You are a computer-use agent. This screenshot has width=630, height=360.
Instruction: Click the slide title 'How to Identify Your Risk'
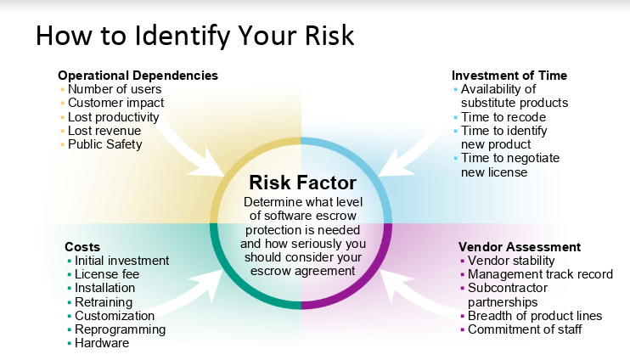[x=195, y=37]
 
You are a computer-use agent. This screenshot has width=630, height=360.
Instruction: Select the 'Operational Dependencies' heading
[x=138, y=76]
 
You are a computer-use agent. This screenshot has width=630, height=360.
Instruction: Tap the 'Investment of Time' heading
[x=509, y=76]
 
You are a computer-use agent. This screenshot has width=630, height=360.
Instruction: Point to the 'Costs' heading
[x=82, y=247]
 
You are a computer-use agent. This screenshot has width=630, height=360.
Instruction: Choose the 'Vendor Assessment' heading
[x=520, y=247]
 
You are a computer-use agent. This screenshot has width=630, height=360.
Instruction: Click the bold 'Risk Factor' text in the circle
[x=302, y=183]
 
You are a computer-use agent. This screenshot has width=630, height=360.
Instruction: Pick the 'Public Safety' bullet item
[x=105, y=144]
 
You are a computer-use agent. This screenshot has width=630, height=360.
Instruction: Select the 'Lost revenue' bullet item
[x=104, y=131]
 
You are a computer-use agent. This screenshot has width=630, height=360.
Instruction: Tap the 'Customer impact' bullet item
[x=115, y=103]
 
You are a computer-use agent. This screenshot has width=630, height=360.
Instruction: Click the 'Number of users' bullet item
[x=115, y=89]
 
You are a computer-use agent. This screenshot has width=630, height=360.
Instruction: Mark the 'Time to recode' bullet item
[x=503, y=117]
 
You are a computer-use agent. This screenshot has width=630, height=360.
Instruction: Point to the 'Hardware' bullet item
[x=102, y=343]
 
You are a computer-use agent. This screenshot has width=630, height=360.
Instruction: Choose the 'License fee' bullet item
[x=107, y=274]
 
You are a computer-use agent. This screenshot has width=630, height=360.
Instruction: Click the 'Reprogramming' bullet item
[x=120, y=329]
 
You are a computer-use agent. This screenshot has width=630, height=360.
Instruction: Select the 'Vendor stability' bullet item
[x=511, y=261]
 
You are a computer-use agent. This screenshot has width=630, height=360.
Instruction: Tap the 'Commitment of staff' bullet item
[x=525, y=329]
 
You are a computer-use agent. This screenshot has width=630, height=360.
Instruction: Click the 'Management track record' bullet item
[x=540, y=274]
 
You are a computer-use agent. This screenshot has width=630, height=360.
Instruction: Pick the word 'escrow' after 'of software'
[x=336, y=216]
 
